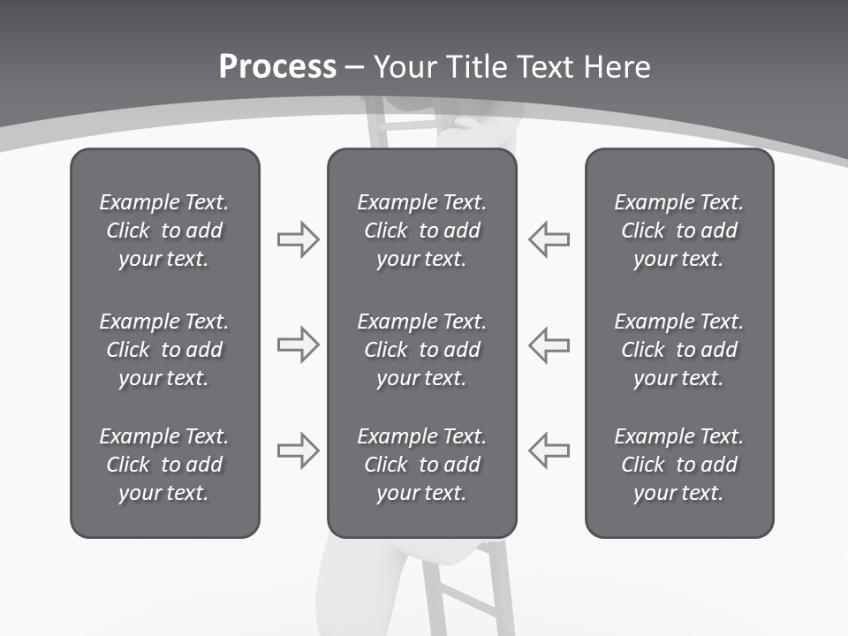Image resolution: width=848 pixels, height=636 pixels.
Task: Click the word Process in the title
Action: [277, 67]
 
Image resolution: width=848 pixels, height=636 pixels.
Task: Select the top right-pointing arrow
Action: [298, 239]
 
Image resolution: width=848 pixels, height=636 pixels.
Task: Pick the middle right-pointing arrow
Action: [298, 344]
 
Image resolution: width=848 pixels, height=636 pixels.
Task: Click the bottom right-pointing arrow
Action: [298, 450]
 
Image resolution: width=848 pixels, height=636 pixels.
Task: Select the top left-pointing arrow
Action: [549, 239]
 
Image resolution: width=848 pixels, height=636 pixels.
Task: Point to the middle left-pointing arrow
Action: [549, 344]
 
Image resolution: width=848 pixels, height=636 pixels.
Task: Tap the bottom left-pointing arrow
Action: [549, 450]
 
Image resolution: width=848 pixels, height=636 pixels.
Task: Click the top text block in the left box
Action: [164, 231]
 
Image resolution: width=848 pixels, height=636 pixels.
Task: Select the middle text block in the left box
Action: [164, 350]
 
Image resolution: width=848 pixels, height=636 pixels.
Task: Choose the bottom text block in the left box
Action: [164, 465]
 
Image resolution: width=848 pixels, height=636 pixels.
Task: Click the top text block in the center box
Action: [421, 231]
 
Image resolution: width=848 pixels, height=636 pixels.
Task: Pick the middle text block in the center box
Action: [421, 350]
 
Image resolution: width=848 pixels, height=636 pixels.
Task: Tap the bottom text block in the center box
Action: [421, 465]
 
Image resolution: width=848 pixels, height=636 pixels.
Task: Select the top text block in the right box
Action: [678, 231]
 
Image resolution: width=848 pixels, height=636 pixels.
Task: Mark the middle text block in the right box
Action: [678, 350]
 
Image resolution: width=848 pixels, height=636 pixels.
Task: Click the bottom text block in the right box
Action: [678, 465]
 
